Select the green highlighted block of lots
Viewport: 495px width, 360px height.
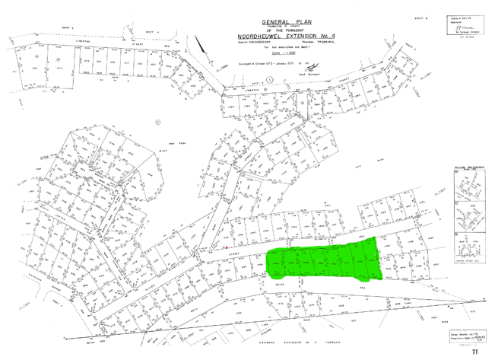click(323, 258)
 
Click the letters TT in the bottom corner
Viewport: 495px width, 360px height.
click(475, 353)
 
